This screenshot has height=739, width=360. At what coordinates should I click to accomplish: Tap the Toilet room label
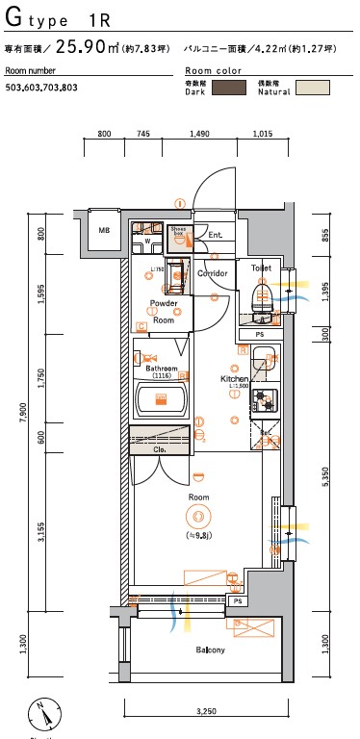pyautogui.click(x=260, y=267)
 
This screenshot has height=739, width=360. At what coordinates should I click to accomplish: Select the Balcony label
pyautogui.click(x=211, y=650)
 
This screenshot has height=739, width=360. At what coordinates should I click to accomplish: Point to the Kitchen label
pyautogui.click(x=235, y=379)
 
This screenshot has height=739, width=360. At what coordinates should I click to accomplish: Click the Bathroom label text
pyautogui.click(x=161, y=369)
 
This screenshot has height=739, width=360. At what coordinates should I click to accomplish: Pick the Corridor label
pyautogui.click(x=213, y=273)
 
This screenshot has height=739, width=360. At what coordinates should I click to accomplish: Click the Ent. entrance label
pyautogui.click(x=216, y=234)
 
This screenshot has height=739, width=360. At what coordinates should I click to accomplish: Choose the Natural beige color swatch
pyautogui.click(x=312, y=88)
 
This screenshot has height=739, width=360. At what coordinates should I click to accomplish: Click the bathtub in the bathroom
pyautogui.click(x=161, y=398)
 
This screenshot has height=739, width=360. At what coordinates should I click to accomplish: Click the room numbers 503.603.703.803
pyautogui.click(x=41, y=88)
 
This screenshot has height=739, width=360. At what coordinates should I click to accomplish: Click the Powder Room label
pyautogui.click(x=163, y=312)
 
